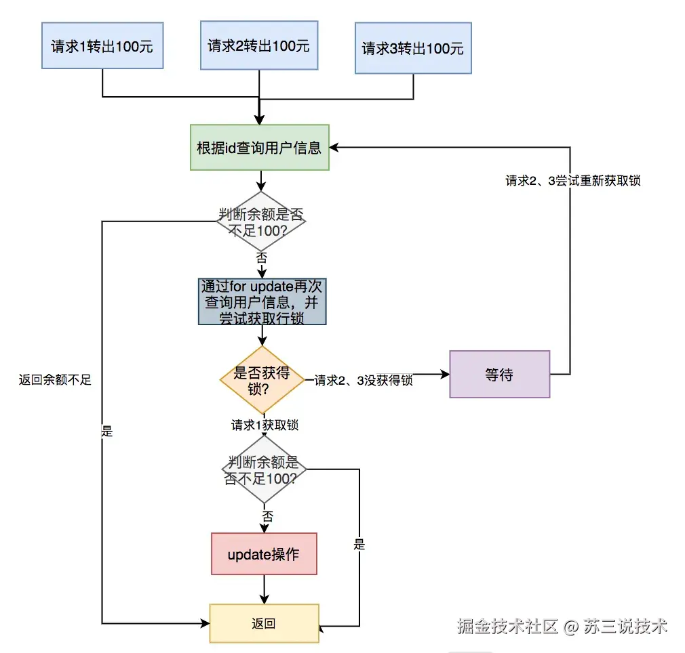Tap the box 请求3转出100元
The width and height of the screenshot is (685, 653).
413,49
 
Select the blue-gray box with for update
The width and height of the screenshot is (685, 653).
262,301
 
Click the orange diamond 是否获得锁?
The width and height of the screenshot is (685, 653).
262,380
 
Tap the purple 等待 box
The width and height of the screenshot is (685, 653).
499,374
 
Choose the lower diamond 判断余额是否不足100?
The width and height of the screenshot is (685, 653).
265,469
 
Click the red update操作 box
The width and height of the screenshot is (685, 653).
264,554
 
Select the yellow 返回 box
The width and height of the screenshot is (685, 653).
264,623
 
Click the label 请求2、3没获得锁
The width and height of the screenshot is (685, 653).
364,380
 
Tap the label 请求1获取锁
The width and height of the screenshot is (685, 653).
265,425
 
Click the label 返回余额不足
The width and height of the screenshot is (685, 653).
55,380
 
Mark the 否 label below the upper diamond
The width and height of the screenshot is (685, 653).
261,257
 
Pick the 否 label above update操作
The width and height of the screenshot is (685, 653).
267,517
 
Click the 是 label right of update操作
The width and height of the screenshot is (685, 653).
359,544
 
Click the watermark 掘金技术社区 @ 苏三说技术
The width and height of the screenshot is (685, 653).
562,627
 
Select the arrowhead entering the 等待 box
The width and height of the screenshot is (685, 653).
445,374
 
